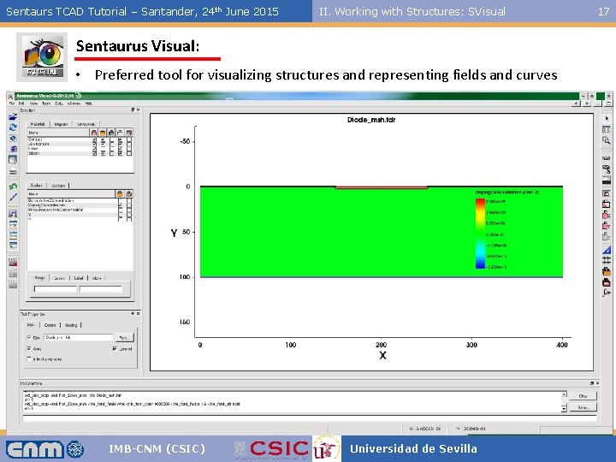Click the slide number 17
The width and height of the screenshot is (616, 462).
pyautogui.click(x=603, y=11)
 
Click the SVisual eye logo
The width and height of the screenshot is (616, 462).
pyautogui.click(x=42, y=57)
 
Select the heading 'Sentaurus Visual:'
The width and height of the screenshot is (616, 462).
pyautogui.click(x=138, y=45)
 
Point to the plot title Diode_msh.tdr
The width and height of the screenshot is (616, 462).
pyautogui.click(x=370, y=120)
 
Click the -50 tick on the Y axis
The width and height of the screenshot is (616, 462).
pyautogui.click(x=184, y=141)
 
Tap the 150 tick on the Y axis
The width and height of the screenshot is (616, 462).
pyautogui.click(x=184, y=323)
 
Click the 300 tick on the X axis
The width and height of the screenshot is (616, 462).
pyautogui.click(x=471, y=345)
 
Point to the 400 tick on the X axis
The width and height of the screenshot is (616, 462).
pyautogui.click(x=562, y=345)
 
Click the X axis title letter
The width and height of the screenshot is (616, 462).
pyautogui.click(x=382, y=356)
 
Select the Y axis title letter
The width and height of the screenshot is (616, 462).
pyautogui.click(x=174, y=233)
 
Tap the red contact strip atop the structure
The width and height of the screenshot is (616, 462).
pyautogui.click(x=380, y=187)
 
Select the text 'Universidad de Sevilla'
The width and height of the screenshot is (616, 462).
pyautogui.click(x=413, y=448)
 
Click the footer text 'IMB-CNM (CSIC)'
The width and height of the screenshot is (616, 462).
pyautogui.click(x=157, y=448)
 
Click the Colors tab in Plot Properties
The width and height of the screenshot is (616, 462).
pyautogui.click(x=50, y=324)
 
